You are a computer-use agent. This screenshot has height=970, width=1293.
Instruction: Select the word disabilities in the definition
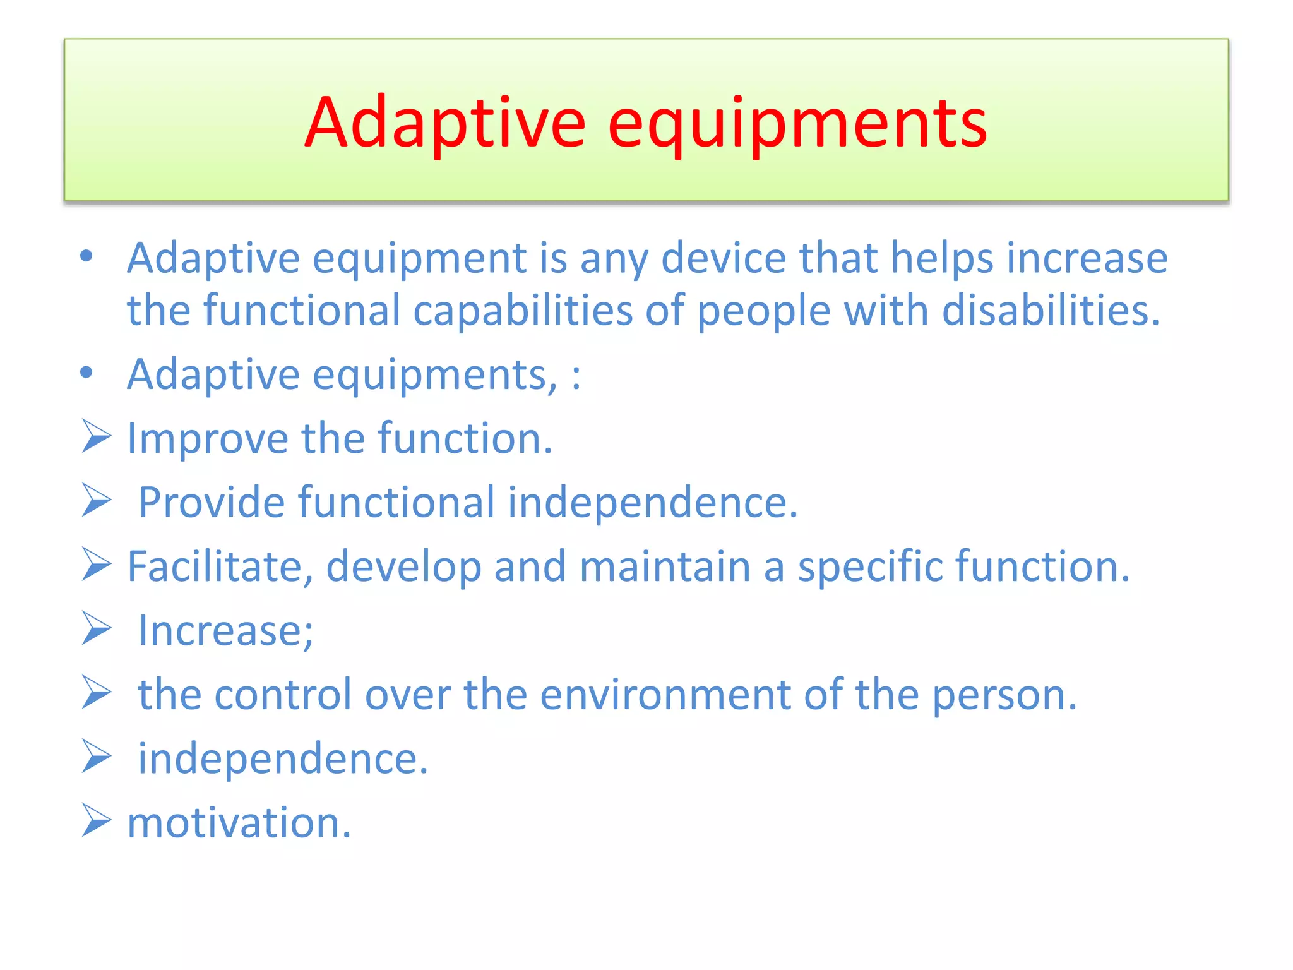coord(1051,311)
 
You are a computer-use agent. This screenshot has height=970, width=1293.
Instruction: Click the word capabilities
coord(522,311)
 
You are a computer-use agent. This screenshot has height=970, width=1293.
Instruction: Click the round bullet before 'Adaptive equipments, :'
coord(86,373)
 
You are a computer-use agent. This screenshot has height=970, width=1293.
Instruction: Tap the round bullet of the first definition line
coord(86,256)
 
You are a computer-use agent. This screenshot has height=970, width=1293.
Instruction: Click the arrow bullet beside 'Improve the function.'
coord(96,437)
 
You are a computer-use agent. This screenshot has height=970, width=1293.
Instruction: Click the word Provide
coord(212,503)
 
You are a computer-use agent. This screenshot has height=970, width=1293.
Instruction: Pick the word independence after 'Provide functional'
coord(653,503)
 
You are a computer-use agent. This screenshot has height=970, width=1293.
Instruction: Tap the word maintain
coord(665,566)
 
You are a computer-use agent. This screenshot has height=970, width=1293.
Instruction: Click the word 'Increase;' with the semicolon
coord(225,631)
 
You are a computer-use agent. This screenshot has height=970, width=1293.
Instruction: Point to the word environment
coord(665,695)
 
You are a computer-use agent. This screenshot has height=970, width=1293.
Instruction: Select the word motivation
coord(239,823)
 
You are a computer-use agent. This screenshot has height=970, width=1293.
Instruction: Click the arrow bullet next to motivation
coord(96,820)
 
